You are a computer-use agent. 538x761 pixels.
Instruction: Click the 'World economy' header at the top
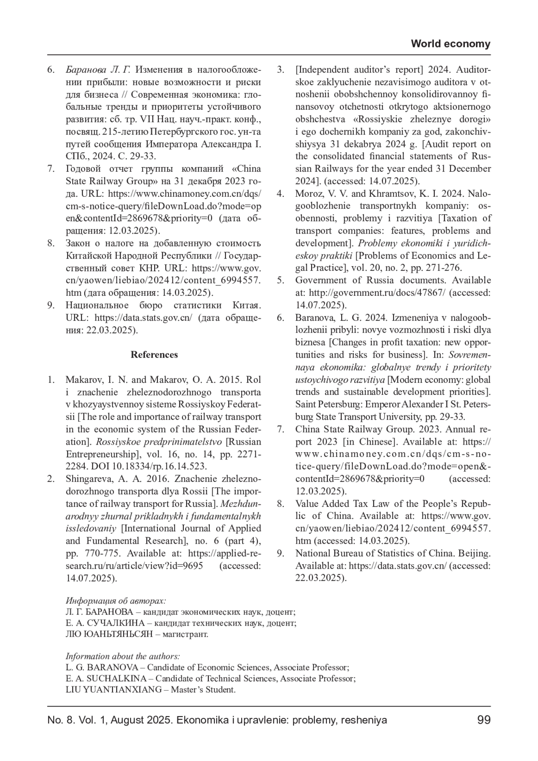pos(450,44)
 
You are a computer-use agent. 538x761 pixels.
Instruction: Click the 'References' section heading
pos(154,355)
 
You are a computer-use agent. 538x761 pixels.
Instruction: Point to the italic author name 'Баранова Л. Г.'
pos(98,70)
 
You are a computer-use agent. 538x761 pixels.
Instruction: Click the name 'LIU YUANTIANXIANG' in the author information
pos(113,689)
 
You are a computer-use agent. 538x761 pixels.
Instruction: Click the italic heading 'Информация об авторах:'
pos(116,601)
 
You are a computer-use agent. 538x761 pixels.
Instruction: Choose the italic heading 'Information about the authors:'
pos(123,656)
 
